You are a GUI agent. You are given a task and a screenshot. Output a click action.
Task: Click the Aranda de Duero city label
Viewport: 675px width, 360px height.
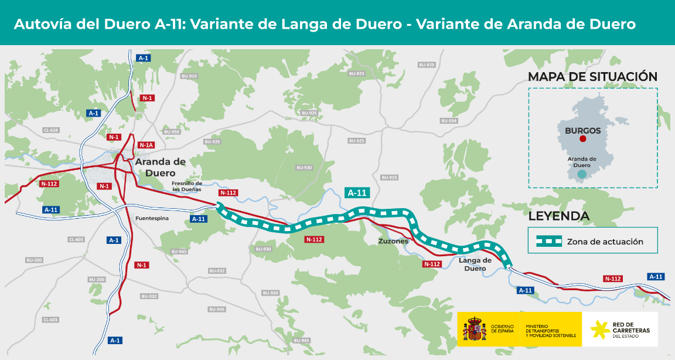pyautogui.click(x=160, y=167)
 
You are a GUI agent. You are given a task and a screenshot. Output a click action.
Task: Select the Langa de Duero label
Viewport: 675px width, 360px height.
pyautogui.click(x=475, y=264)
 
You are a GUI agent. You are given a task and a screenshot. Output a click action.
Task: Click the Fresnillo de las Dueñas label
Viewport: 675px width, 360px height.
pyautogui.click(x=186, y=186)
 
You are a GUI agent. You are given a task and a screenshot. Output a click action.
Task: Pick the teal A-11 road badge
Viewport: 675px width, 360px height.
pyautogui.click(x=357, y=192)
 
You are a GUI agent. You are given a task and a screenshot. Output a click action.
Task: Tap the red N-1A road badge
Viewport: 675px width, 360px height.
pyautogui.click(x=146, y=145)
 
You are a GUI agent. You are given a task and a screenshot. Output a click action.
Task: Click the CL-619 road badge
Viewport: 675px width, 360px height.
pyautogui.click(x=50, y=130)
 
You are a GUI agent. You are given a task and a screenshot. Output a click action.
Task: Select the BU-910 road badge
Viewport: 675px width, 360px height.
pyautogui.click(x=189, y=76)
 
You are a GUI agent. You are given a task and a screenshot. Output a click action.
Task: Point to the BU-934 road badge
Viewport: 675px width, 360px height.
pyautogui.click(x=448, y=121)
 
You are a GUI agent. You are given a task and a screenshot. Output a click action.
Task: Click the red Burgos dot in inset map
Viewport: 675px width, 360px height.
pyautogui.click(x=582, y=140)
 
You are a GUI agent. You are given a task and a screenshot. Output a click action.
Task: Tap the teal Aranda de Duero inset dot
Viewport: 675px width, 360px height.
pyautogui.click(x=581, y=174)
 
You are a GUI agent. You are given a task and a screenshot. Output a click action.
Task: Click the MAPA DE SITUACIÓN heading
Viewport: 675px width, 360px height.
pyautogui.click(x=592, y=77)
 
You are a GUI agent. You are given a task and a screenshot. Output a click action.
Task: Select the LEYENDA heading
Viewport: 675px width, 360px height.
pyautogui.click(x=558, y=216)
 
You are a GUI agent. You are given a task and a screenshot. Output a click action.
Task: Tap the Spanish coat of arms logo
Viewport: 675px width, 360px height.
pyautogui.click(x=475, y=330)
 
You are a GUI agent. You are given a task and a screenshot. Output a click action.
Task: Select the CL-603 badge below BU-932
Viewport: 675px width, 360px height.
pyautogui.click(x=50, y=320)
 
